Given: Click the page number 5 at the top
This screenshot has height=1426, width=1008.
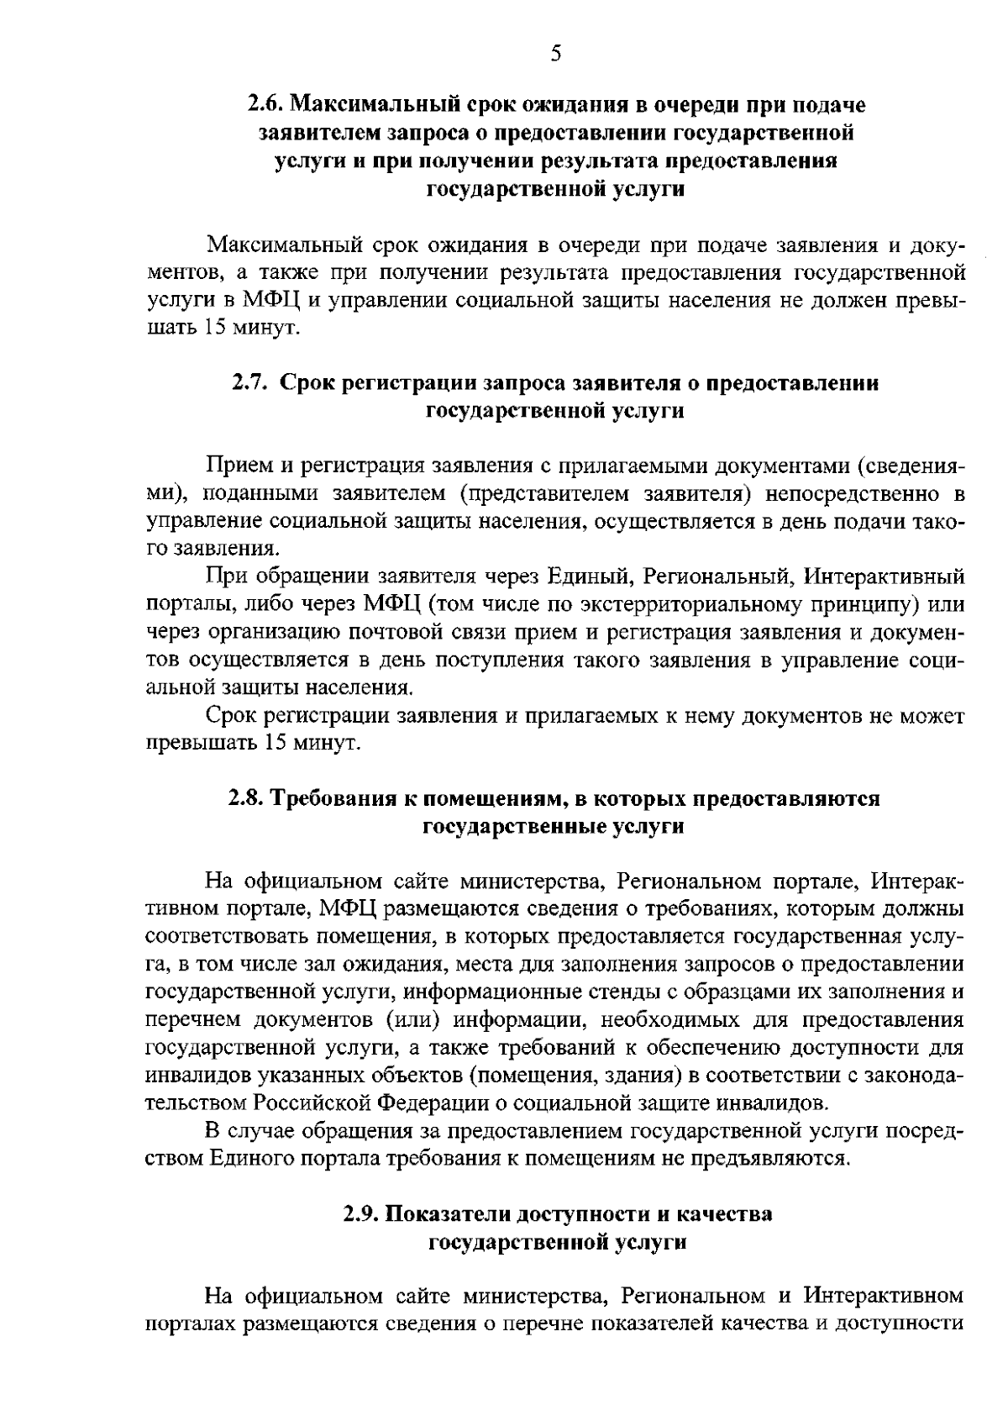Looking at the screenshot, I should (555, 55).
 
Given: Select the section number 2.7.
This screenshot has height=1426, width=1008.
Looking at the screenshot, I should (250, 383).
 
